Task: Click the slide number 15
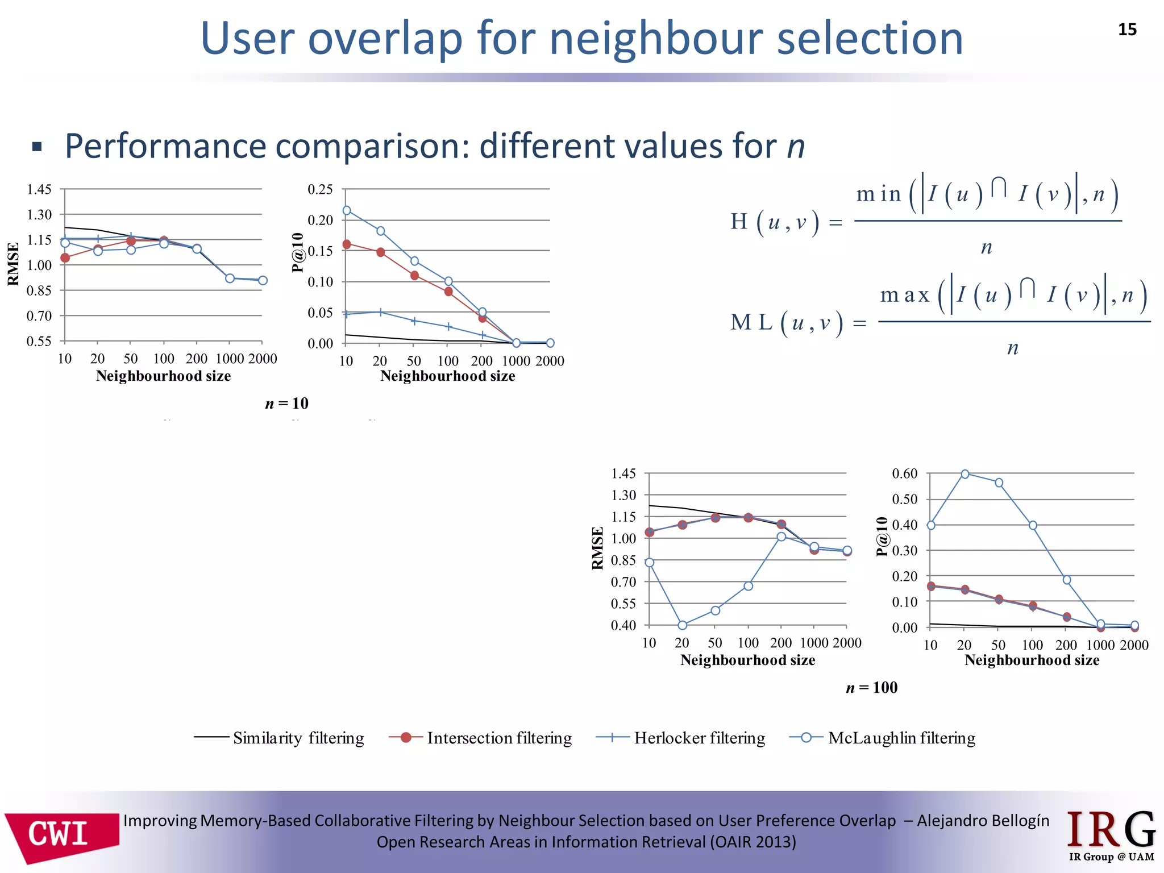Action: pos(1127,30)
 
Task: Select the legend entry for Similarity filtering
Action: pos(279,738)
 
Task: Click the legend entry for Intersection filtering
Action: pos(480,738)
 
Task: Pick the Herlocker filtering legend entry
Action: pos(680,738)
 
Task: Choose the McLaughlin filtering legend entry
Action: pos(883,738)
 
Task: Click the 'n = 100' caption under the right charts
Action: pos(871,688)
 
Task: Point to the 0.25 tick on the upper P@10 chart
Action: pos(320,189)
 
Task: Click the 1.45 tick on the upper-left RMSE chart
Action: pos(39,189)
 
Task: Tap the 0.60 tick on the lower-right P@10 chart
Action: pos(904,473)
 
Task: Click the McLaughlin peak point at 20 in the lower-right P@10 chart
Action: pos(965,474)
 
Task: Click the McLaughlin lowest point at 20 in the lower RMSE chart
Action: pos(683,625)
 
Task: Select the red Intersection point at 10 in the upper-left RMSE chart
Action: pos(65,258)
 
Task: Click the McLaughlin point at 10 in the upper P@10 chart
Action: pos(347,210)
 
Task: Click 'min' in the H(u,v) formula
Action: pos(879,194)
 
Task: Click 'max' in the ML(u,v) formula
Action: pos(904,295)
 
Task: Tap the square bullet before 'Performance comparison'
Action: pos(38,147)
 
